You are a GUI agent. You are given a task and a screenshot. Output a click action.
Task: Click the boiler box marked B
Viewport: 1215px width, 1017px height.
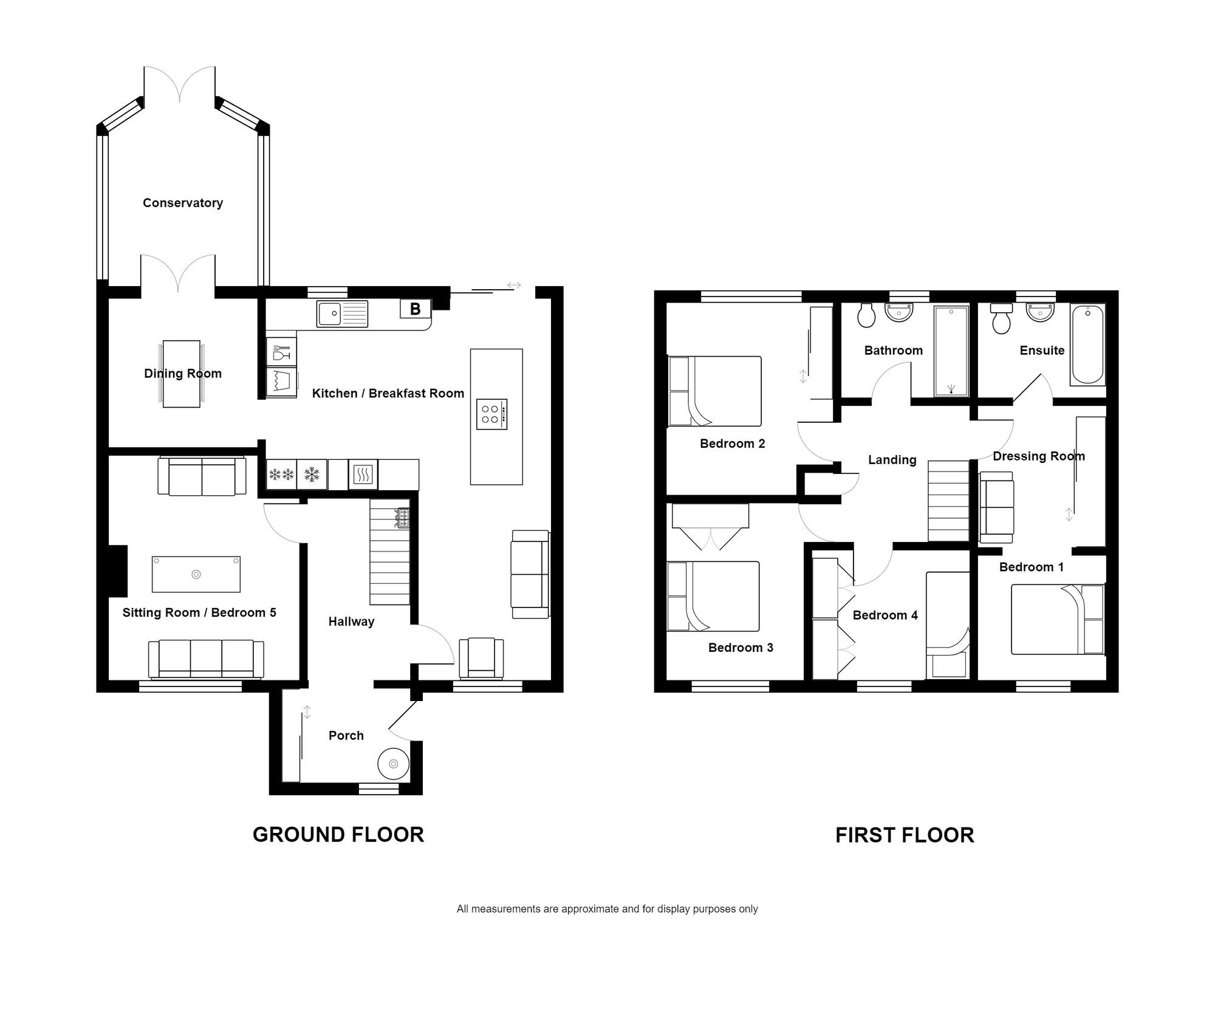click(415, 309)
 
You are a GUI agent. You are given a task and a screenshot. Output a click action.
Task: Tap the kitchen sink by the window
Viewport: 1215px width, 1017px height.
click(342, 313)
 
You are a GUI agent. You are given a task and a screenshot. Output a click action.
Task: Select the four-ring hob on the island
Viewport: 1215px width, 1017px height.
click(491, 414)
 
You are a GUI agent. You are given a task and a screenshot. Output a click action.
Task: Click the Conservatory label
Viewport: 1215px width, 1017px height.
click(182, 203)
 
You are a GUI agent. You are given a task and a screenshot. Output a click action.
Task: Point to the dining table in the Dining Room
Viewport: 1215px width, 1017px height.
click(182, 374)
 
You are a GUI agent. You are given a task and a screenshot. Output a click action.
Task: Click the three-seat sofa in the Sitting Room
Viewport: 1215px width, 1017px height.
click(206, 659)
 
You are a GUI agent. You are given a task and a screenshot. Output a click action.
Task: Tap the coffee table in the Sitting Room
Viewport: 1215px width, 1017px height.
click(196, 574)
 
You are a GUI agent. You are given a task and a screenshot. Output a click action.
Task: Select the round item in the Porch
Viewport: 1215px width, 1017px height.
click(393, 764)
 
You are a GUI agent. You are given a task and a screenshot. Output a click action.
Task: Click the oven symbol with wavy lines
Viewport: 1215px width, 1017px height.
click(363, 474)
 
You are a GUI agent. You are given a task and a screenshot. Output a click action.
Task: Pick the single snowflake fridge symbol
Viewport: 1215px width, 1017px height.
click(312, 474)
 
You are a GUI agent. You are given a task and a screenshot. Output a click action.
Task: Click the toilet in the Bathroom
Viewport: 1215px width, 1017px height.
click(866, 314)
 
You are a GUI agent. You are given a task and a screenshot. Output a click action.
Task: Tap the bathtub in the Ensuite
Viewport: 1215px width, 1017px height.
click(1087, 344)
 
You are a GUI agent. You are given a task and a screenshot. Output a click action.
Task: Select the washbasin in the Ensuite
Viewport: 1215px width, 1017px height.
click(1040, 312)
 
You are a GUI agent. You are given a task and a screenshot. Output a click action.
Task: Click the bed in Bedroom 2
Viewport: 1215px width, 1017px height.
click(714, 391)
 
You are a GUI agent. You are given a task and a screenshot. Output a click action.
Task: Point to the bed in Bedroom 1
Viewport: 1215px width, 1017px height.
click(1058, 619)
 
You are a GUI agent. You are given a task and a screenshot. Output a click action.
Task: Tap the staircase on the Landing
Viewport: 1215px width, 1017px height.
click(948, 500)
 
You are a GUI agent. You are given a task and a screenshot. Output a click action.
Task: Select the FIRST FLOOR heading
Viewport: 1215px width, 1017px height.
click(904, 835)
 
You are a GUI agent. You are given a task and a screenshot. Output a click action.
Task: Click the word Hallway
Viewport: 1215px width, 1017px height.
click(351, 621)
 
